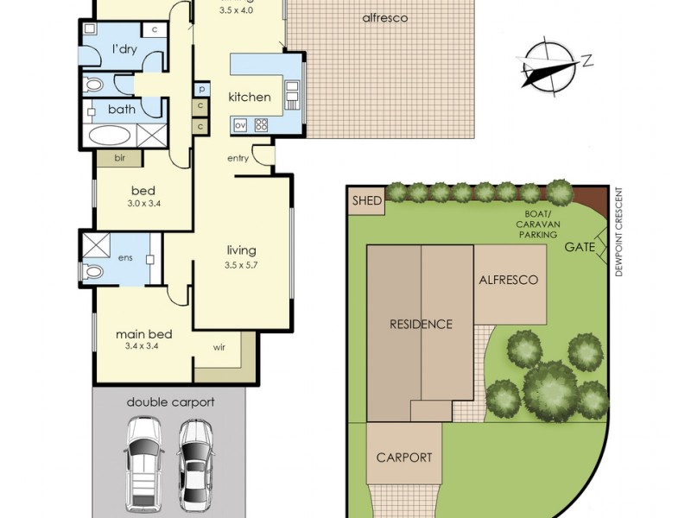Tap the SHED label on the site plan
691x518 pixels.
tap(366, 201)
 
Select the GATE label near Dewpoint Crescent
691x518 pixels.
tap(580, 247)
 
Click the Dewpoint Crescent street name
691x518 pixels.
tap(619, 233)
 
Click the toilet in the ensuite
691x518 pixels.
tap(93, 271)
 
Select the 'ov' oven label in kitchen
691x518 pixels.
tap(241, 125)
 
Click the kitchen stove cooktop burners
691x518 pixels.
tap(260, 125)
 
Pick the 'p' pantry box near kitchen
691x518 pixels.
tap(200, 88)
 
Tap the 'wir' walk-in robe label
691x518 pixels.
tap(220, 350)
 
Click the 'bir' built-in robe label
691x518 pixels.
tap(120, 158)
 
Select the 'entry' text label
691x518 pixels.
tap(238, 158)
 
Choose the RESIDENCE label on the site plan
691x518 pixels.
tap(421, 325)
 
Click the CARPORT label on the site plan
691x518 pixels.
tap(403, 458)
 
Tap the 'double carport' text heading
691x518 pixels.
tap(170, 401)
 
